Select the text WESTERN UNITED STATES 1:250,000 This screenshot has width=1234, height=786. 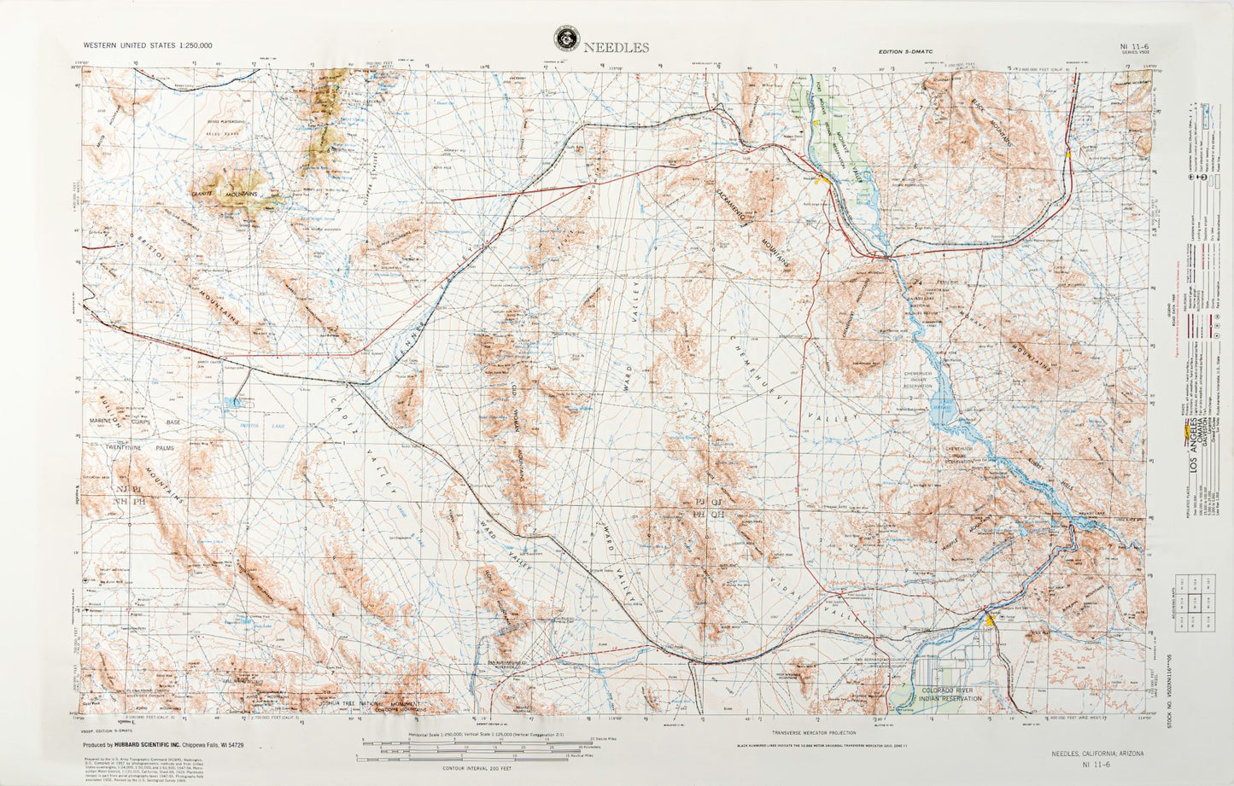pyautogui.click(x=148, y=45)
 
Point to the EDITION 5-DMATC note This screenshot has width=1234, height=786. pyautogui.click(x=906, y=52)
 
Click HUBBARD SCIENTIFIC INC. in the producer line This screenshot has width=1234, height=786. pyautogui.click(x=178, y=745)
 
